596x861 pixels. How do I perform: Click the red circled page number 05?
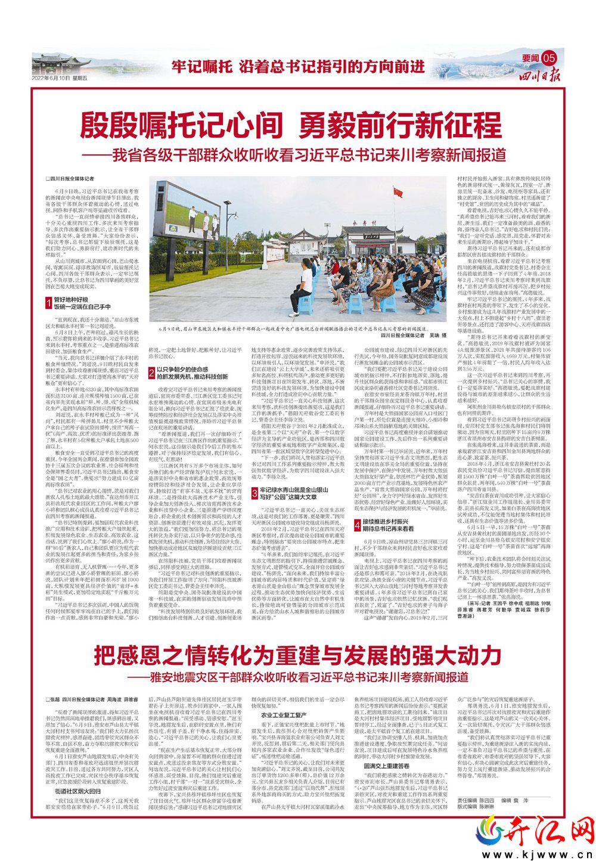[x=549, y=58]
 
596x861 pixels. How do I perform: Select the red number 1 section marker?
[x=49, y=303]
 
